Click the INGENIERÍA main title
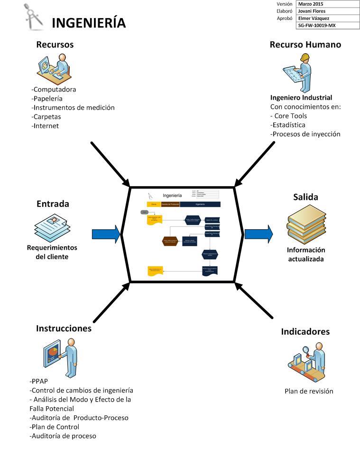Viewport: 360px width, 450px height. (88, 23)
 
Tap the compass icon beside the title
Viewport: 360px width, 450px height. (34, 17)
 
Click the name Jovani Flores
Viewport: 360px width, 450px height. (312, 11)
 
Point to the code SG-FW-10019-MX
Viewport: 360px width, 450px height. (316, 26)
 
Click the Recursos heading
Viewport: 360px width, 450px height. (55, 45)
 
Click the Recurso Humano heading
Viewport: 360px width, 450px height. (305, 45)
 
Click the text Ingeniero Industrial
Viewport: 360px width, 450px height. (301, 98)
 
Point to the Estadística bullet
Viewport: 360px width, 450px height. (288, 125)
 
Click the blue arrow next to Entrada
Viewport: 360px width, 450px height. (106, 234)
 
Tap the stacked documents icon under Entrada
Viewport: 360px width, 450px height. (52, 227)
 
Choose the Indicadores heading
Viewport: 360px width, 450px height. (305, 331)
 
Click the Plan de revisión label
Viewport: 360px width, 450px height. (309, 391)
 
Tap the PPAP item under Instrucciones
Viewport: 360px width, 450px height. (39, 381)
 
